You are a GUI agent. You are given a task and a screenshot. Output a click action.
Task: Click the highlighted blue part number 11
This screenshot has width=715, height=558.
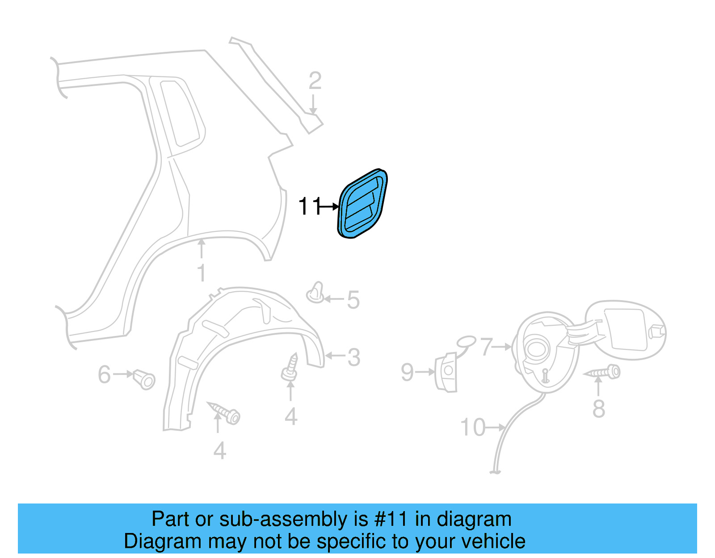tap(362, 203)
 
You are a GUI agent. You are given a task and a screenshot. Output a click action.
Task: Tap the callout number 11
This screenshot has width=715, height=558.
tap(309, 206)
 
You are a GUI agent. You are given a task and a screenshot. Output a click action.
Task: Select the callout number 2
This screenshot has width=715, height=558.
tap(315, 81)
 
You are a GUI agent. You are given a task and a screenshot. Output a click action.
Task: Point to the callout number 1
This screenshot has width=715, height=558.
tap(202, 273)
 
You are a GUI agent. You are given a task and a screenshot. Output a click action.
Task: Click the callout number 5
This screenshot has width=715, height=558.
tap(353, 300)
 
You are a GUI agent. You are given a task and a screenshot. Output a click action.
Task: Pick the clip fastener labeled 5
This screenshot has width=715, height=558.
tap(316, 293)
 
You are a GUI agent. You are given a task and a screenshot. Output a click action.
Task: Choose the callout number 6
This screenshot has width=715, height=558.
tap(104, 374)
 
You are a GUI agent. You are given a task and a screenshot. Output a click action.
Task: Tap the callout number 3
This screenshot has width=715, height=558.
tap(353, 357)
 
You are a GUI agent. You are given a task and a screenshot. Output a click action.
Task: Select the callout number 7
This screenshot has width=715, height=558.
tap(486, 346)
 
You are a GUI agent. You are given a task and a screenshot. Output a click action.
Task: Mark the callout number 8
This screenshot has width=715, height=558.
tap(598, 409)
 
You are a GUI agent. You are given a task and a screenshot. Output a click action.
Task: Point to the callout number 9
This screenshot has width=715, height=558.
tap(407, 372)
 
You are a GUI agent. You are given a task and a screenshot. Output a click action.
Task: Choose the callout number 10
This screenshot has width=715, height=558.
tap(473, 428)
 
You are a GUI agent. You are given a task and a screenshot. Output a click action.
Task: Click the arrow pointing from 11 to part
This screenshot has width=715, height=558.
tap(330, 206)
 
